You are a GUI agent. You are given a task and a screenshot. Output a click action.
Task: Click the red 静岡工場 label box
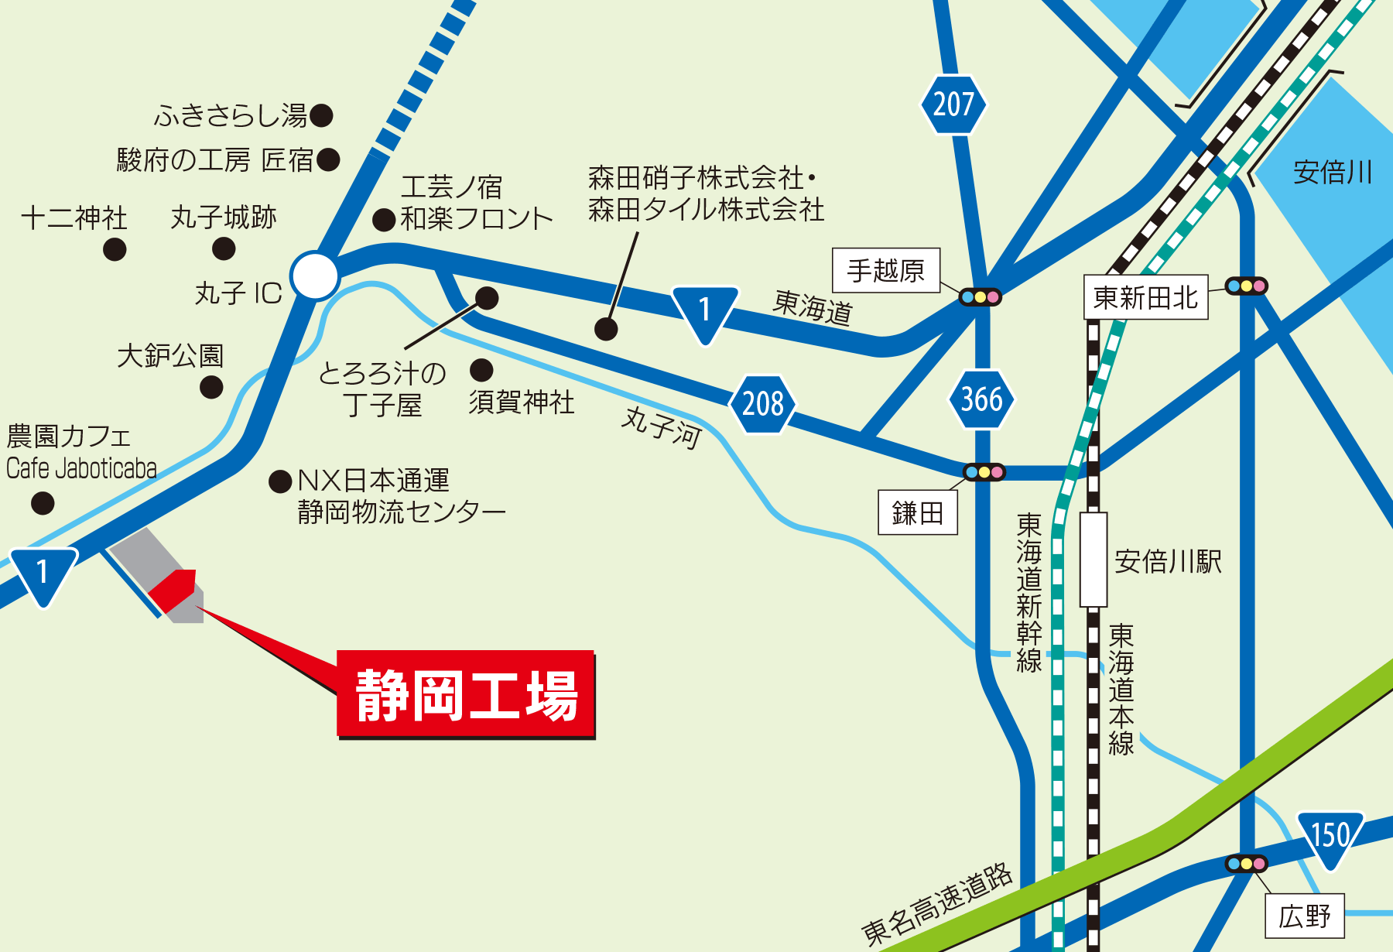466,693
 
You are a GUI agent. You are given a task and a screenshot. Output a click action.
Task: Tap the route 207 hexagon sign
953,104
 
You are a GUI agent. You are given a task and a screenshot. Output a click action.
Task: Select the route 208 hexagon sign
763,403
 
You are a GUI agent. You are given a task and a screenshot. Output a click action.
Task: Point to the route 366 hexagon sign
981,399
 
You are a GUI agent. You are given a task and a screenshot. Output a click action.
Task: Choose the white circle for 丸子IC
315,275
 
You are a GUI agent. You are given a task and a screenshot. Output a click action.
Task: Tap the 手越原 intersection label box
886,270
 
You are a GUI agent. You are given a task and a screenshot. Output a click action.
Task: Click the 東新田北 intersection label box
1145,297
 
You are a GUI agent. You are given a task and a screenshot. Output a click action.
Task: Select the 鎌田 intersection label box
918,512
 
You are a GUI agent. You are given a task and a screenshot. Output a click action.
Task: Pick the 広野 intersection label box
1305,916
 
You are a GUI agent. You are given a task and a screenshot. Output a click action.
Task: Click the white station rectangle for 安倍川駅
1094,559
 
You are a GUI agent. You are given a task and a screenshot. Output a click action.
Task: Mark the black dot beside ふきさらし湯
321,116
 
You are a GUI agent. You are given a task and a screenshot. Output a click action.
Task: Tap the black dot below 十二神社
115,249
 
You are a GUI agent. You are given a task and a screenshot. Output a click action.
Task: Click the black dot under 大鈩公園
211,386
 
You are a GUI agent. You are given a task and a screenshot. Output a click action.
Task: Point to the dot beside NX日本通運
280,481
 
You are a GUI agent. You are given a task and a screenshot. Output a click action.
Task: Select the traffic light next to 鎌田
984,472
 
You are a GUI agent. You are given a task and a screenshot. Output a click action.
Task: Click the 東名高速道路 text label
936,904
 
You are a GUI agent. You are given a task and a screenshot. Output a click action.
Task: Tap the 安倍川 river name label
1333,172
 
